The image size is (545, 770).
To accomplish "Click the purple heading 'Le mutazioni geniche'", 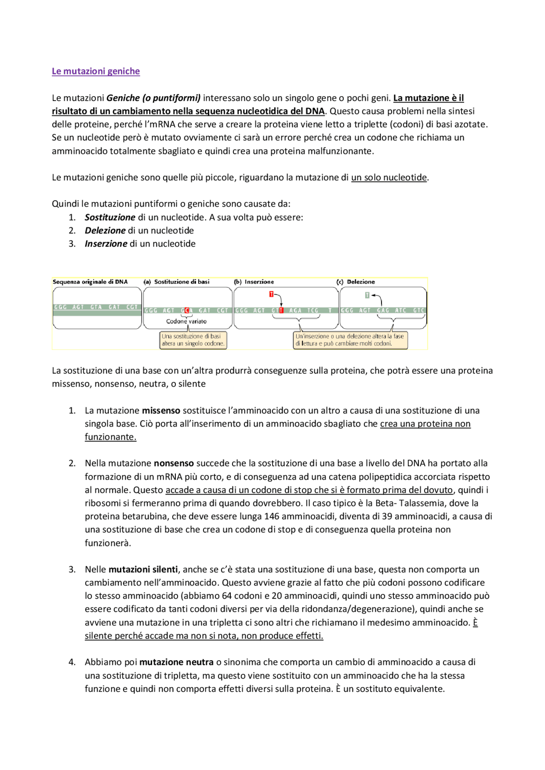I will pos(95,71).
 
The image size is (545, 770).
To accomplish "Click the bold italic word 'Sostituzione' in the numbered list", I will pos(110,217).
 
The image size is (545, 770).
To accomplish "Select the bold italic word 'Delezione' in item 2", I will pos(105,230).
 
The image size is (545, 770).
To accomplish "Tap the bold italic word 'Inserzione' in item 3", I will pos(106,244).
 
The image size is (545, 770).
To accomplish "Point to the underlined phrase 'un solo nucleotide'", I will pos(389,177).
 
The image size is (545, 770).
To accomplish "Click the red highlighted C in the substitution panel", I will pos(186,310).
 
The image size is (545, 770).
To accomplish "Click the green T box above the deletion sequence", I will pos(367,295).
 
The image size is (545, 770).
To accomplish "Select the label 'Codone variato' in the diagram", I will pos(186,321).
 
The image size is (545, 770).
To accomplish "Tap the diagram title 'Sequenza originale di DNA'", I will pos(90,282).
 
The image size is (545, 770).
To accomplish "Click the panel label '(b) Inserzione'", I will pos(254,282).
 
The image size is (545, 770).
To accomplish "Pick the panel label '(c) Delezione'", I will pos(356,282).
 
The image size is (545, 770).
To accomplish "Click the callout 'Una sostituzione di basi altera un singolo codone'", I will pos(193,340).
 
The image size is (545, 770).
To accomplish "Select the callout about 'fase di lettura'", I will pos(350,340).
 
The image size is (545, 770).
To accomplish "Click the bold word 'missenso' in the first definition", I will pos(161,410).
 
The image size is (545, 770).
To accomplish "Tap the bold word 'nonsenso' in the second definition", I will pos(174,463).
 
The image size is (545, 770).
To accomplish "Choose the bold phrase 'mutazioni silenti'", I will pos(143,569).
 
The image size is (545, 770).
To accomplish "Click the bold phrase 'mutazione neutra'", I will pos(176,662).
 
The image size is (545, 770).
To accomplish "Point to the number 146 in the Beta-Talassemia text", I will pos(272,516).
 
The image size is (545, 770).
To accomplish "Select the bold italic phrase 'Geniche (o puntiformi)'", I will pos(153,98).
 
